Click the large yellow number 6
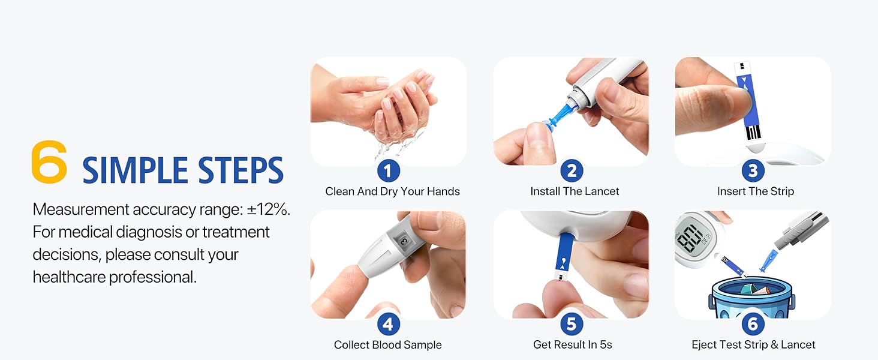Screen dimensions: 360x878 (49, 163)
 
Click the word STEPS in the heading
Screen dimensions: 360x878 (240, 170)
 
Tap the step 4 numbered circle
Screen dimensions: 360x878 (388, 325)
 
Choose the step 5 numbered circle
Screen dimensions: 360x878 (572, 325)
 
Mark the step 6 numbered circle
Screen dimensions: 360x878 (753, 325)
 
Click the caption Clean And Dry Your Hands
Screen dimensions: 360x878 (392, 191)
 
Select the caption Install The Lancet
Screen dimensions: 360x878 (575, 191)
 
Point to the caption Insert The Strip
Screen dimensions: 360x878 (755, 191)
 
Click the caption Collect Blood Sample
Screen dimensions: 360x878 (387, 345)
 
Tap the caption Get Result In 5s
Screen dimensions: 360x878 (572, 345)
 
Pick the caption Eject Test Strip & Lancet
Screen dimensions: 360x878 (753, 345)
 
